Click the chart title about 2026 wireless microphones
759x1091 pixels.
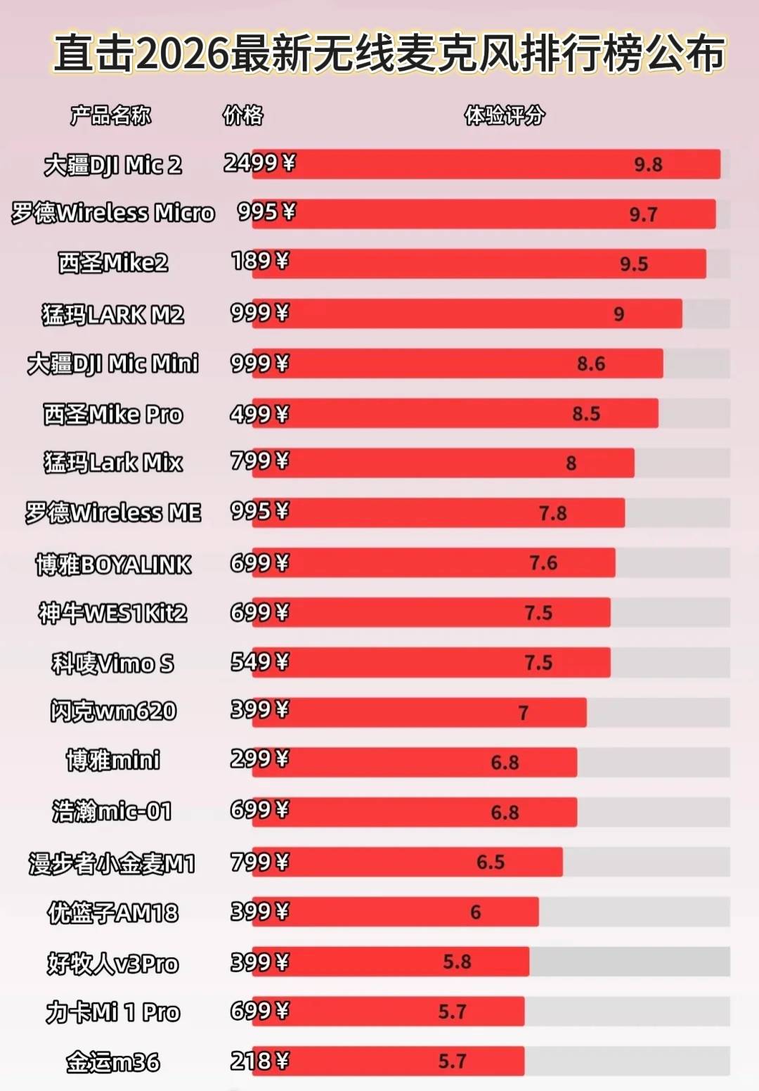(x=389, y=53)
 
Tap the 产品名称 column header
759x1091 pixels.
(x=110, y=115)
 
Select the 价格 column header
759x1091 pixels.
(x=242, y=115)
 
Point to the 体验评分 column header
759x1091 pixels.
(x=504, y=115)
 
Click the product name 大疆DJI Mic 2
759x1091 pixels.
(x=112, y=165)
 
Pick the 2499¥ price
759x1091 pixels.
(x=259, y=163)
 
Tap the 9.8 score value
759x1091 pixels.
(x=648, y=164)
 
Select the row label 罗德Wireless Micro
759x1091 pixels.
(x=112, y=213)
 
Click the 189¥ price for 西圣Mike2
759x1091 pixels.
(x=259, y=262)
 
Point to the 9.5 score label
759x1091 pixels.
(x=634, y=264)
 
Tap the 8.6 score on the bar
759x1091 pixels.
(x=591, y=363)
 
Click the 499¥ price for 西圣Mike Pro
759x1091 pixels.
(x=259, y=414)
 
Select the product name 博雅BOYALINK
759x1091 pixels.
(x=113, y=564)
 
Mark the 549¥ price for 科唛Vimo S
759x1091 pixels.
(x=259, y=662)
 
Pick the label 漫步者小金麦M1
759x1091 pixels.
(x=112, y=863)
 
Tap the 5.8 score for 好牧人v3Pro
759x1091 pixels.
(x=457, y=962)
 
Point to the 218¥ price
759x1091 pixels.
(x=259, y=1061)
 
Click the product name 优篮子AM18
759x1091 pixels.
(x=112, y=913)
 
